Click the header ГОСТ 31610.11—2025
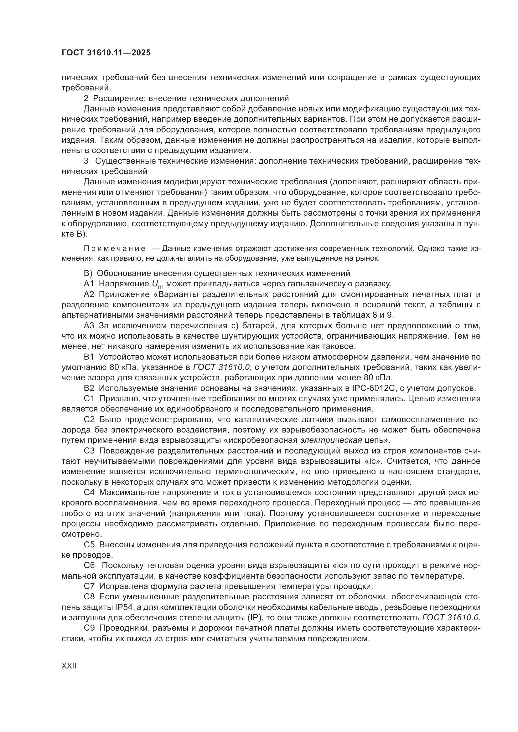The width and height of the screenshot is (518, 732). [106, 53]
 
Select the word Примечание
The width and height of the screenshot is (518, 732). [115, 249]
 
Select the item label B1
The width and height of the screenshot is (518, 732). [89, 357]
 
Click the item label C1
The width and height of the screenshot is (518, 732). [89, 398]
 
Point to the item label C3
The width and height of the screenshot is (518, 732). [89, 451]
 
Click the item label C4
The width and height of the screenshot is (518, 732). [89, 492]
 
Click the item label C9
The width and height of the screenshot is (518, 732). [89, 628]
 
